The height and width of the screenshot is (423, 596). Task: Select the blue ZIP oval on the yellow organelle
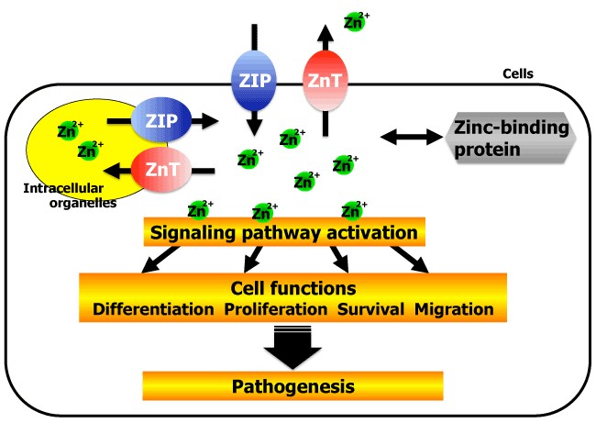pyautogui.click(x=160, y=119)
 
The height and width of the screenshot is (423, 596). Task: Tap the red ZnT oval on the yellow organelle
pyautogui.click(x=160, y=168)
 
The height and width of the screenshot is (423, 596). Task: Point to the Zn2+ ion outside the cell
pyautogui.click(x=353, y=20)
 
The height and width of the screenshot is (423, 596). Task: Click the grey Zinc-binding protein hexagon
pyautogui.click(x=511, y=139)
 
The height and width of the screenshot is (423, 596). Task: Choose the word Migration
pyautogui.click(x=454, y=309)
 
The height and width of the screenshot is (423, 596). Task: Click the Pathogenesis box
pyautogui.click(x=292, y=385)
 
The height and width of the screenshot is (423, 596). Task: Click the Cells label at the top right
pyautogui.click(x=518, y=73)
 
